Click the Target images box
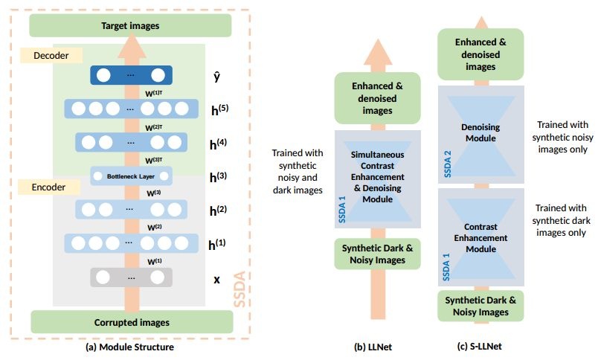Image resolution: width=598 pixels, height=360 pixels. tap(130, 25)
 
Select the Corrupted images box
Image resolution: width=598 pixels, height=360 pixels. tap(132, 322)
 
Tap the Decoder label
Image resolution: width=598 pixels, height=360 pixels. tap(51, 55)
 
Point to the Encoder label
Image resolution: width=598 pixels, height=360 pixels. tap(49, 187)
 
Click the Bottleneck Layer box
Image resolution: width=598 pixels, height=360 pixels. tap(131, 176)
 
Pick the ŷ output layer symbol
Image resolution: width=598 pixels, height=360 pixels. tap(216, 77)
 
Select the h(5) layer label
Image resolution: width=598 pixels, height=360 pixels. tap(219, 109)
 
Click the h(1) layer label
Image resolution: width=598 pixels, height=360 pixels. tap(217, 244)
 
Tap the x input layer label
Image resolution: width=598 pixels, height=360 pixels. tap(216, 280)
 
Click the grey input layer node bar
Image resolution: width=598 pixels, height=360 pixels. tap(131, 277)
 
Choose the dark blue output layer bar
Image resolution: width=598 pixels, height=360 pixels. tap(131, 75)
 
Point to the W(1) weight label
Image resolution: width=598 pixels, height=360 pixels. tap(155, 261)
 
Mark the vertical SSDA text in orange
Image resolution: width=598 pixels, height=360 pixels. tap(239, 289)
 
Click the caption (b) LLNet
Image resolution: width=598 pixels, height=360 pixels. tap(373, 347)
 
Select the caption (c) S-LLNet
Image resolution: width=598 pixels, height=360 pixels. tap(480, 347)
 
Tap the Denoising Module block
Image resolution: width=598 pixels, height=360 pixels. tap(481, 135)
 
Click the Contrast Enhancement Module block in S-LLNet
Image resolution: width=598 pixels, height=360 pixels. tap(481, 237)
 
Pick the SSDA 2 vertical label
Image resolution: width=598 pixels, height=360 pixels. tap(448, 164)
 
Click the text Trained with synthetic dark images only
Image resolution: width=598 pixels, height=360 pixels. tap(561, 220)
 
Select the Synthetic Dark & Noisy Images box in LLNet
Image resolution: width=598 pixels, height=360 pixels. tap(378, 254)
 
